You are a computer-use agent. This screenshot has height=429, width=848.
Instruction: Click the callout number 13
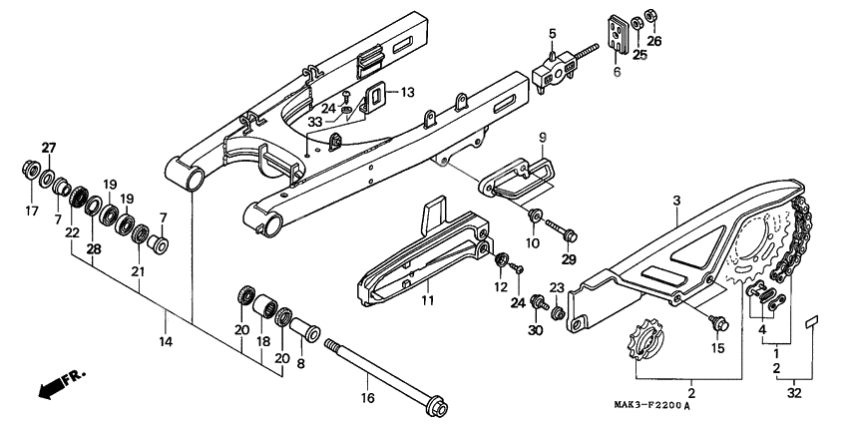pos(407,93)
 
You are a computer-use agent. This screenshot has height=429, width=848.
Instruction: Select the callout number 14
pos(166,342)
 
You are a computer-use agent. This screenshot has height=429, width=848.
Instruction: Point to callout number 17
pos(29,211)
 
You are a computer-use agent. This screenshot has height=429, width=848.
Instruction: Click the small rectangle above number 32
pos(812,322)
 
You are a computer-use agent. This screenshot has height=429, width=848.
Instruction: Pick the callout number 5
pos(551,35)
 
